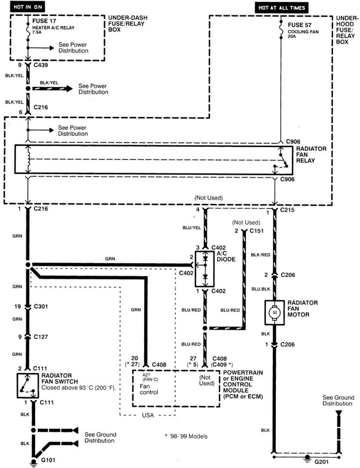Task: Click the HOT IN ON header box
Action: pyautogui.click(x=27, y=8)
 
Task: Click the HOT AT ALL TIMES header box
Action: pyautogui.click(x=281, y=8)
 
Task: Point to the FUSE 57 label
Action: pyautogui.click(x=300, y=23)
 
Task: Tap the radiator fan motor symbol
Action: pyautogui.click(x=274, y=312)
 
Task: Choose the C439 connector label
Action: pyautogui.click(x=42, y=65)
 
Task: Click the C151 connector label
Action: pyautogui.click(x=257, y=231)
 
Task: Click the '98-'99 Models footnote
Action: pyautogui.click(x=186, y=436)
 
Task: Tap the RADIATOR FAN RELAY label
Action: pyautogui.click(x=312, y=155)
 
